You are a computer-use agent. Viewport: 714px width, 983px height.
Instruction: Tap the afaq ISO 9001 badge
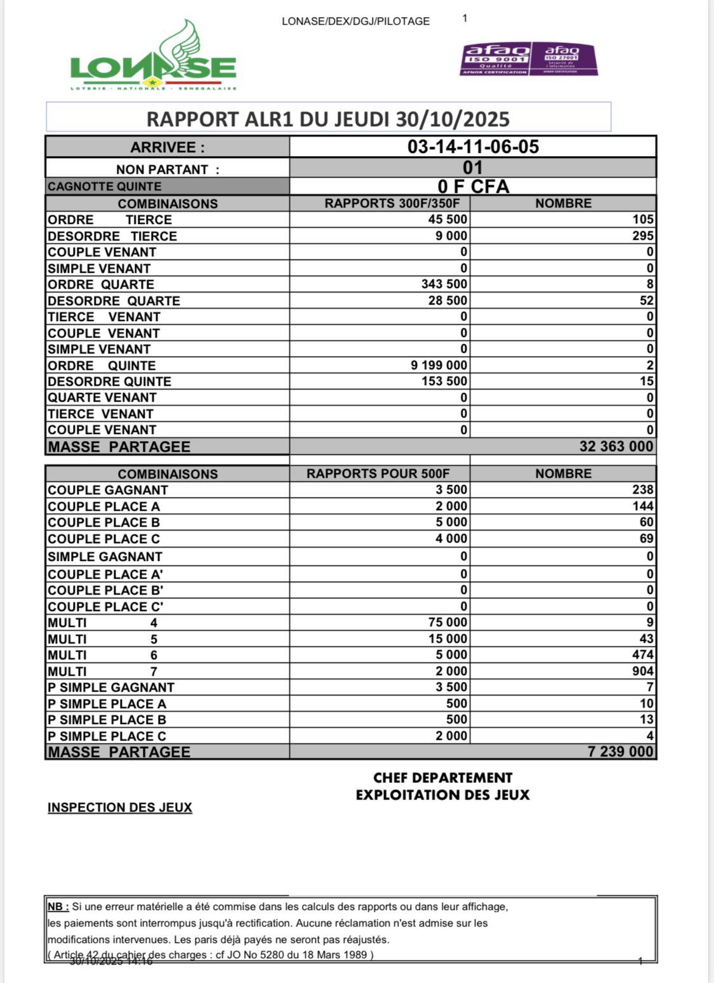coord(496,59)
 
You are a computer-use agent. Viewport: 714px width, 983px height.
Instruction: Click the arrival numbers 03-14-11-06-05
coord(473,147)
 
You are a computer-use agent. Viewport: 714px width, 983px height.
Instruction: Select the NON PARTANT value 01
coord(473,168)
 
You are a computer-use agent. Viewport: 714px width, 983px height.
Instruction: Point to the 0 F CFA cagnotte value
coord(473,187)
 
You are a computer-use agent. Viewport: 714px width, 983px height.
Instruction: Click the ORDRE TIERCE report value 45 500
coord(447,220)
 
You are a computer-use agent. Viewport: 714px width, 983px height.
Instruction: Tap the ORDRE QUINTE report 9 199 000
coord(439,366)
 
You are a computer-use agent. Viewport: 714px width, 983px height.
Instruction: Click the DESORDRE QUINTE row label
coord(109,381)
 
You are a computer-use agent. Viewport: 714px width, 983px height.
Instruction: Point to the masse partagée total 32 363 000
coord(616,447)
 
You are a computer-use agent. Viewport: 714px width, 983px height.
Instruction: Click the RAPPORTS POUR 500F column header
coord(378,474)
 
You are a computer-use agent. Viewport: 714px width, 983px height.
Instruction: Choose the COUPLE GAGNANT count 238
coord(642,490)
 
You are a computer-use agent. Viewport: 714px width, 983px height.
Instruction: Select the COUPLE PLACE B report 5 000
coord(451,522)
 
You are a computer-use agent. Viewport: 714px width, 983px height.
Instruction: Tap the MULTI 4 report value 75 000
coord(447,623)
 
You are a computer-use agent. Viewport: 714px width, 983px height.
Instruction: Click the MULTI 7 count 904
coord(642,671)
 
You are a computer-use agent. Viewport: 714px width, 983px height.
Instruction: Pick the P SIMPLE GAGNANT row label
coord(111,687)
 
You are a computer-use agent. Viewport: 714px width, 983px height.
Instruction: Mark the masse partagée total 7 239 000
coord(620,752)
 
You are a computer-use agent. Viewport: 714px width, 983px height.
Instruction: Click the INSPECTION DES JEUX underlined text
coord(119,808)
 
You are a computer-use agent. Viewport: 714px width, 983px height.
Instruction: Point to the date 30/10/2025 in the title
coord(453,119)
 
